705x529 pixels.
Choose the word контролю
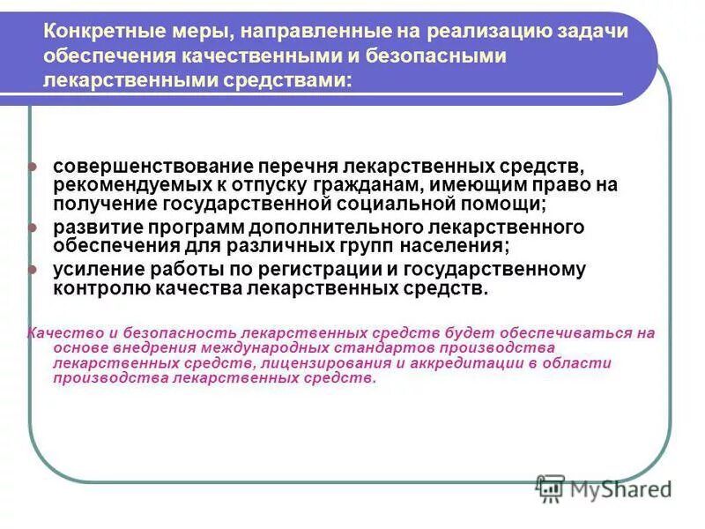pos(96,288)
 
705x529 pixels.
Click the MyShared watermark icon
pos(551,488)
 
